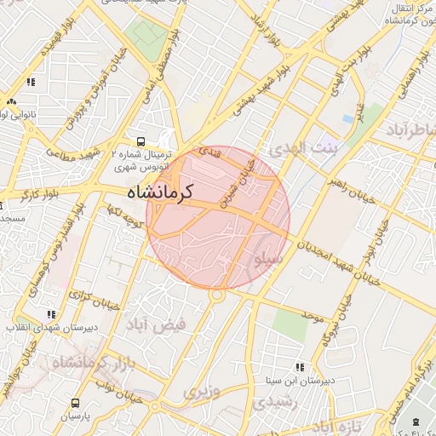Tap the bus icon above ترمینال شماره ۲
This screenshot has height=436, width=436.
pyautogui.click(x=140, y=142)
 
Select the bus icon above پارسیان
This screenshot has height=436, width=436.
pyautogui.click(x=75, y=403)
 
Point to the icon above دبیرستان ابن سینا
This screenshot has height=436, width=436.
pyautogui.click(x=298, y=367)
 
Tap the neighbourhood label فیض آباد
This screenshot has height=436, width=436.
pyautogui.click(x=181, y=324)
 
